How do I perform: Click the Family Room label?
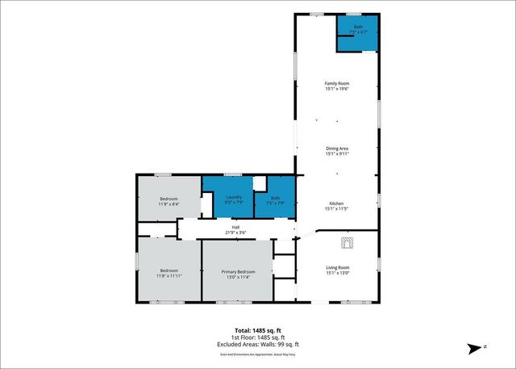point(337,83)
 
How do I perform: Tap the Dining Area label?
point(337,148)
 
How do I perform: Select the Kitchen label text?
point(337,203)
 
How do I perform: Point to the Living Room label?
point(337,267)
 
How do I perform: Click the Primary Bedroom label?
point(239,271)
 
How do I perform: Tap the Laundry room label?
point(235,198)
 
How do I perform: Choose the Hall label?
point(236,228)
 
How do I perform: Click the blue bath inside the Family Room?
point(358,35)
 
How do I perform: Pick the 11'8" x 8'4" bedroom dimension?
point(169,203)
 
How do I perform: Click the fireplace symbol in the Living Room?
point(347,241)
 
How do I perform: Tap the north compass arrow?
point(475,347)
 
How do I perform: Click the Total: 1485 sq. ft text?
point(258,330)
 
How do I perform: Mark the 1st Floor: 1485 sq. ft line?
point(258,337)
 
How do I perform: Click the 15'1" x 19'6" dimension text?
point(337,88)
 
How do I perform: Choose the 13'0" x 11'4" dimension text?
point(239,276)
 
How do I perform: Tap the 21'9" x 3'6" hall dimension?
point(236,233)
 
